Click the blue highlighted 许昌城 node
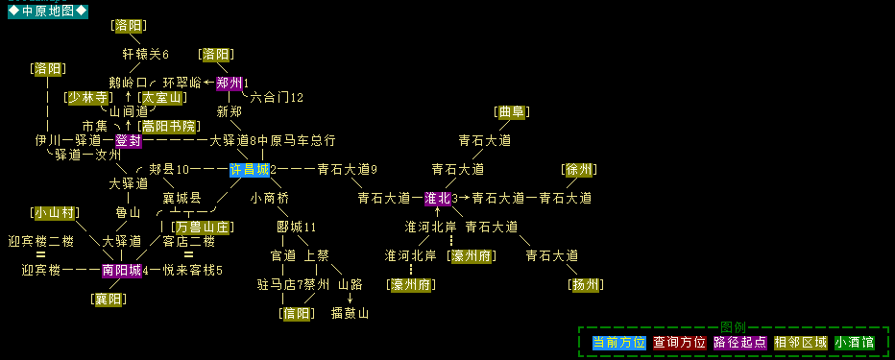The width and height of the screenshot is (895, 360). pos(249,170)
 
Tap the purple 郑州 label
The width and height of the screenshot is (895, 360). pos(229,83)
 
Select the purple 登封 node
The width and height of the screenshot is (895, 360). pos(128,141)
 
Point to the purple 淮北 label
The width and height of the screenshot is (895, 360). pos(437,199)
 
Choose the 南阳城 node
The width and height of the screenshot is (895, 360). pos(121,271)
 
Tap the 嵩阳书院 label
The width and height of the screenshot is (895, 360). pos(168,127)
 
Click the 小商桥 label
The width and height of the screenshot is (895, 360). pos(269,199)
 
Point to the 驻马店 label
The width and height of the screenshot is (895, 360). pos(276,285)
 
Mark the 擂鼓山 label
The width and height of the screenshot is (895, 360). pos(350,314)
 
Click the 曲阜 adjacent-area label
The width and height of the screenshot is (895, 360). pos(511,112)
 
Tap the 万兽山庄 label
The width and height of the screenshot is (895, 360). pos(202,228)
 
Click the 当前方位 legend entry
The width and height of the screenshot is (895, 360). pos(618,342)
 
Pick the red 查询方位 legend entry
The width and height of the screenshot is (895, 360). pos(679,342)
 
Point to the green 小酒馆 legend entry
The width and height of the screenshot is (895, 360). pos(854,342)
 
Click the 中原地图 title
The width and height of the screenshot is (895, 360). pos(47,11)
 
